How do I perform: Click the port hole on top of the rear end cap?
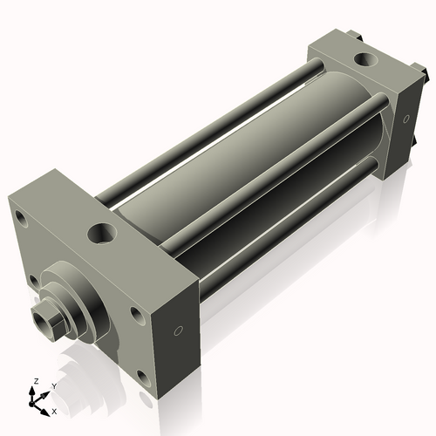coord(362,60)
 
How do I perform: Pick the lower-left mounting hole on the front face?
coord(31,281)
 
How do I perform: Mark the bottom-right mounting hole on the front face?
coord(140,377)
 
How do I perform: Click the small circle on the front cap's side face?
coord(179,331)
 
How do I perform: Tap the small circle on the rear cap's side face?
coord(405,120)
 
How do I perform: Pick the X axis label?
coord(54,410)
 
